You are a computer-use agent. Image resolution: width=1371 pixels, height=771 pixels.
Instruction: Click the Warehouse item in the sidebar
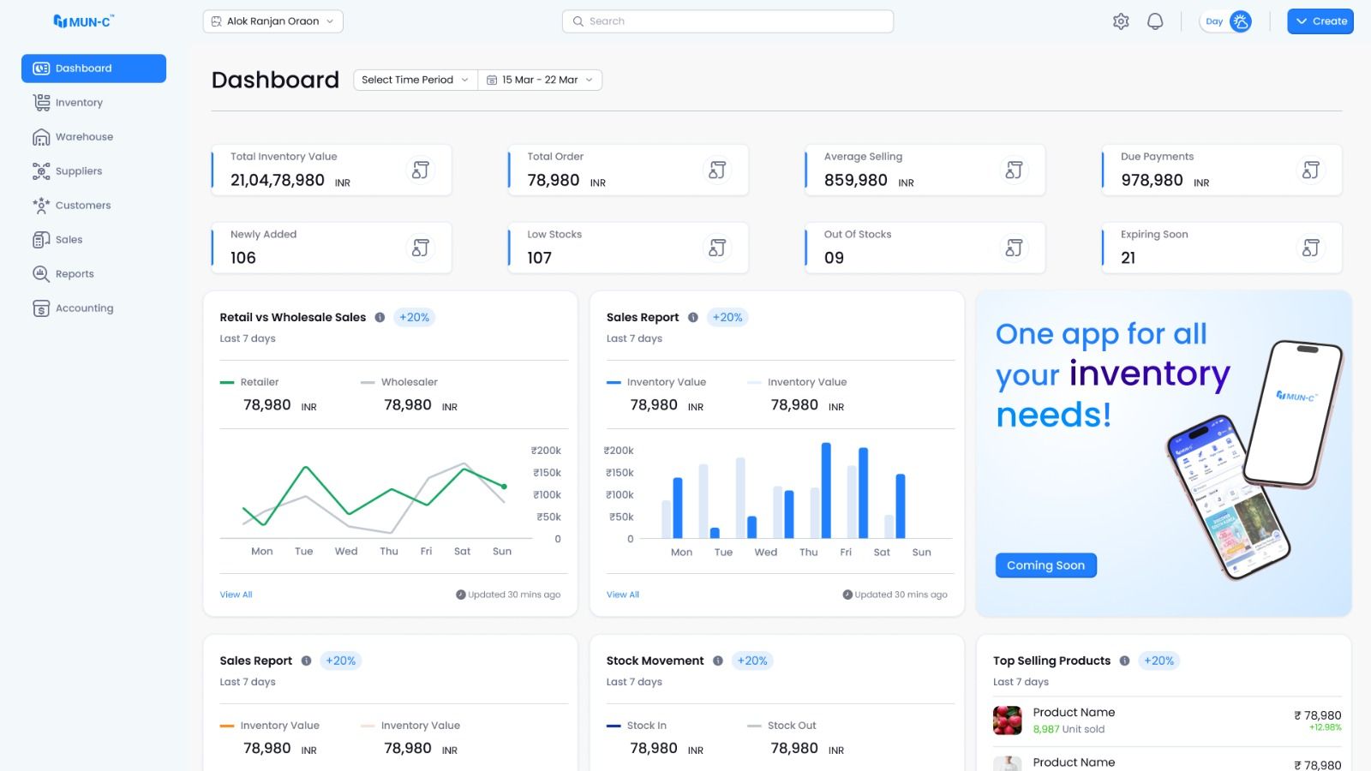point(83,137)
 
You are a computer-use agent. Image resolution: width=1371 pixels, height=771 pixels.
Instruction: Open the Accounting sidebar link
point(83,308)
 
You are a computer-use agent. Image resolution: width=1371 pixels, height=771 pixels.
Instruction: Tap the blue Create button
point(1320,21)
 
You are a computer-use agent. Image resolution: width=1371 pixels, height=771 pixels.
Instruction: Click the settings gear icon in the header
point(1121,21)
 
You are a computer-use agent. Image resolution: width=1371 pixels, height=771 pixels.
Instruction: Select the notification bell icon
point(1155,21)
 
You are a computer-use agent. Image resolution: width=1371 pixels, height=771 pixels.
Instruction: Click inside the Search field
point(728,21)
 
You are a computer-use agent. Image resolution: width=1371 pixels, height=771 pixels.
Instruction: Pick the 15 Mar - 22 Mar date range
point(540,80)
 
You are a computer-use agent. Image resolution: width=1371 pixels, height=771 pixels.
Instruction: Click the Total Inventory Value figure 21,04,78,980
point(278,180)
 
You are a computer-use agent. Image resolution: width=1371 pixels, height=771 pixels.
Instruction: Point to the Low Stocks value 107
point(540,258)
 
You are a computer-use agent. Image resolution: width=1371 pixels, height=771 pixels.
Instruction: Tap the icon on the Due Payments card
point(1310,170)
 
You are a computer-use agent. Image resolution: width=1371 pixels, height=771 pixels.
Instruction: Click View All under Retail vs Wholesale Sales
point(236,595)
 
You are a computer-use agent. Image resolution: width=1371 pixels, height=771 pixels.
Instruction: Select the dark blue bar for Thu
point(826,490)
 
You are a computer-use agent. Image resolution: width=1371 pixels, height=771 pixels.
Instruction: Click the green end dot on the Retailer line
point(504,487)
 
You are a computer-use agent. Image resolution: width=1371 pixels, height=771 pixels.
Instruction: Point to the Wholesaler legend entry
point(408,382)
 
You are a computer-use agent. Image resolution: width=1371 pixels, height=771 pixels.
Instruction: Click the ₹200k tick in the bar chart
point(619,451)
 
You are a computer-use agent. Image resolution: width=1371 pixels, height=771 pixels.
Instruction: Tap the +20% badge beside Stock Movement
point(752,660)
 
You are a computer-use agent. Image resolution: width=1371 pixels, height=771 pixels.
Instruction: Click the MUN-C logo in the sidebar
point(83,21)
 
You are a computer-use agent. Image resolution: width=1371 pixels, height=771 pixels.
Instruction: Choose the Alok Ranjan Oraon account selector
point(272,21)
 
